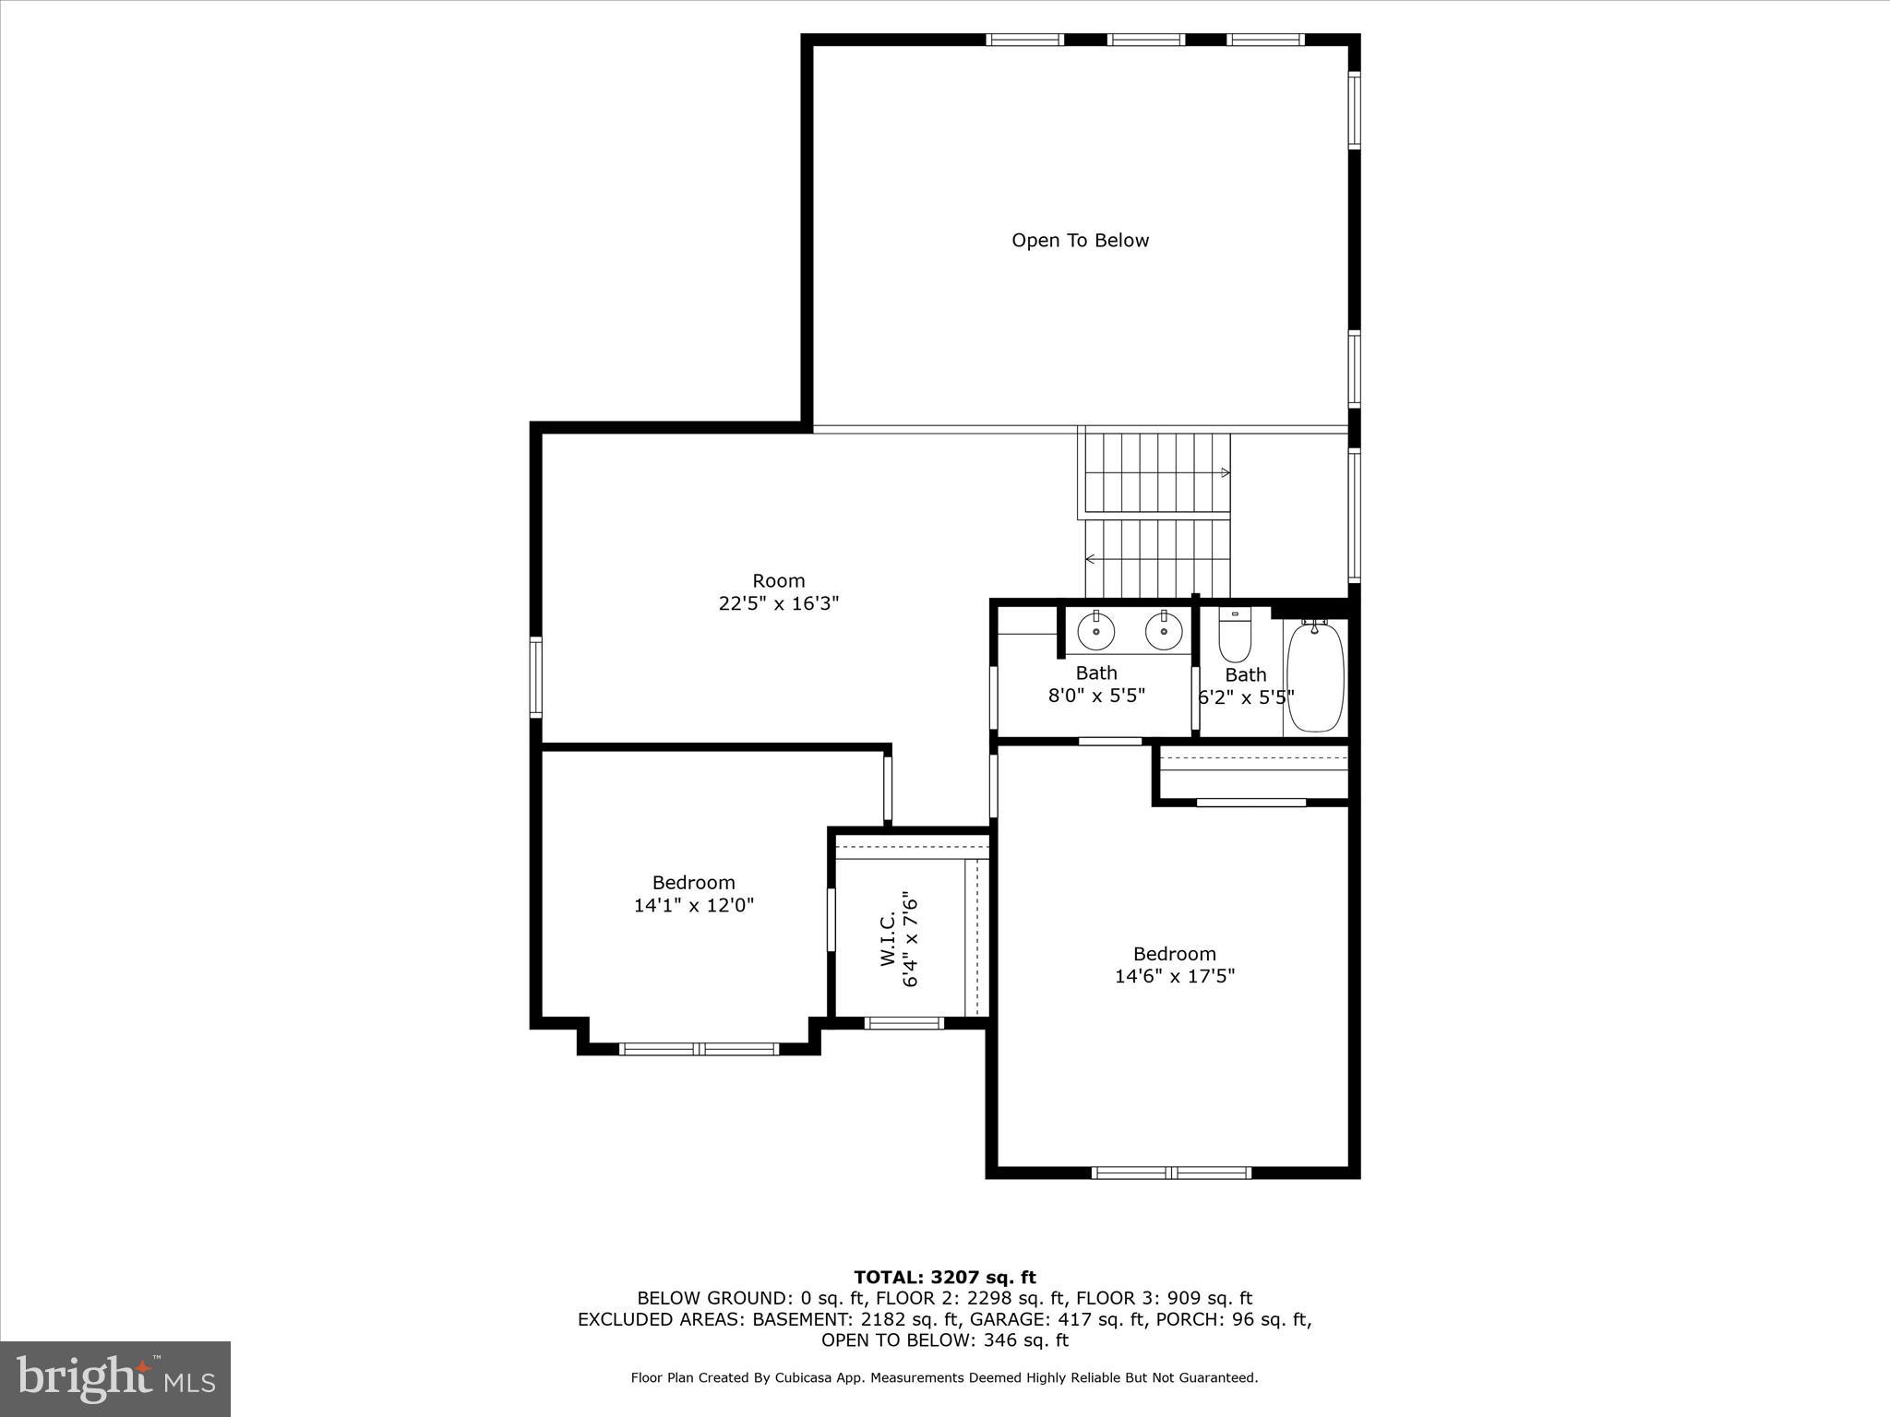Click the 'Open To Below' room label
coord(1080,241)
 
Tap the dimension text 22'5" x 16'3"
coord(778,603)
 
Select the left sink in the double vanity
coord(1095,632)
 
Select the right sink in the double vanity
coord(1164,632)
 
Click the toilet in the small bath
coord(1235,637)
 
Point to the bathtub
coord(1315,676)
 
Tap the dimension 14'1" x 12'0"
coord(693,905)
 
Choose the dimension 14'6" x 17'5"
coord(1174,976)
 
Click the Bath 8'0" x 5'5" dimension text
coord(1095,696)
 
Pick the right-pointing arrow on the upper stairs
coord(1225,472)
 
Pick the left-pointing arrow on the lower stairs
coord(1091,559)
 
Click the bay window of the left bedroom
coord(699,1049)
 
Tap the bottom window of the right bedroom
coord(1171,1173)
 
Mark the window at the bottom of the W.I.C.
coord(903,1022)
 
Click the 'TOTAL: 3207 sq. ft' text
coord(944,1278)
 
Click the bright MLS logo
coord(115,1379)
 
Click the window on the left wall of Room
coord(535,677)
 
